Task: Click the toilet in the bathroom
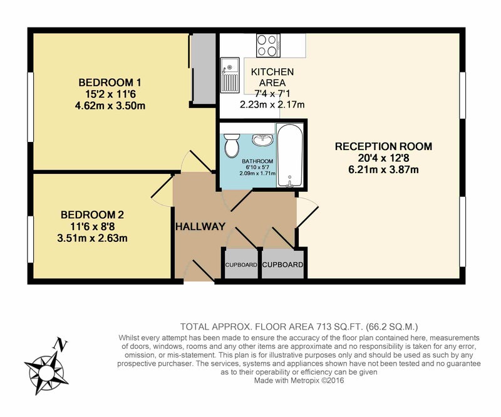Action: pos(232,146)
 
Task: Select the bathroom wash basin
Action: pos(262,139)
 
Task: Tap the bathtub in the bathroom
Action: pos(289,156)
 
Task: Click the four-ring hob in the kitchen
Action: pos(268,45)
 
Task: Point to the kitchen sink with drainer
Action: pos(230,75)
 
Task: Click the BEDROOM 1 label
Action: pos(110,83)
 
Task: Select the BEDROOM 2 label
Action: pos(92,214)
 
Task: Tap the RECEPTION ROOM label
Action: pos(383,146)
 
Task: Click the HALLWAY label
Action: pos(200,226)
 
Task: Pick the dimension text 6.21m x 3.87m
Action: pos(383,169)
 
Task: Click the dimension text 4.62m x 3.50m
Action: pos(110,106)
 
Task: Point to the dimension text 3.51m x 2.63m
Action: pos(92,238)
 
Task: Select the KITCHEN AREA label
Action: pos(272,77)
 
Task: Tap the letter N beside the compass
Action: pos(60,344)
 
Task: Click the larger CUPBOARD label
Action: pos(282,264)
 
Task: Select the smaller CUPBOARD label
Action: pos(241,265)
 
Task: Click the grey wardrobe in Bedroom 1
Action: pos(204,69)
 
